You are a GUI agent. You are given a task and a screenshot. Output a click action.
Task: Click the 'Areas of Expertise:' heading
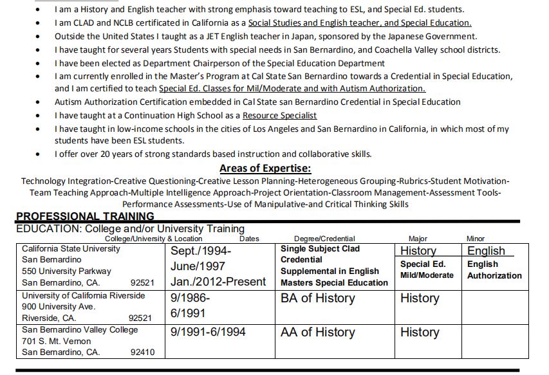coord(265,169)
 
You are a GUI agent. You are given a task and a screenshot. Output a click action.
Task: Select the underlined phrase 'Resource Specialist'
coord(279,115)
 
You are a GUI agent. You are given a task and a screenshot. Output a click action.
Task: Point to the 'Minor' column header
coord(475,239)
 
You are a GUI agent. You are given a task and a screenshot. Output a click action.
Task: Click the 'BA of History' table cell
coord(317,298)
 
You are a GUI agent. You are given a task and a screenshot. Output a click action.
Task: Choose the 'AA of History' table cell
coord(317,333)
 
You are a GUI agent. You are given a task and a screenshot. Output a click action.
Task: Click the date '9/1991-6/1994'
coord(208,333)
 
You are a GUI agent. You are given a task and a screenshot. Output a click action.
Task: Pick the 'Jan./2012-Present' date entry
coord(218,282)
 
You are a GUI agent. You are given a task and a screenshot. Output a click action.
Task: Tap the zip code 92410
coord(142,352)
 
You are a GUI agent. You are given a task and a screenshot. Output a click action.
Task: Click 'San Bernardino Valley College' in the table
coord(80,330)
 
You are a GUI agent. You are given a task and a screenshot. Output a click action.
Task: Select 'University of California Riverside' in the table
coord(84,296)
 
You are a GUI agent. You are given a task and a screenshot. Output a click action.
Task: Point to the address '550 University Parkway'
coord(66,271)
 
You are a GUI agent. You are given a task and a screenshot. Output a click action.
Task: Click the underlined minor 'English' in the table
coord(486,251)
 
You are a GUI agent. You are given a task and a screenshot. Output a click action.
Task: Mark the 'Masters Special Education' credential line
coord(334,282)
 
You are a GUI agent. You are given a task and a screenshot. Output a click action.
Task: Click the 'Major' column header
coord(418,239)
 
